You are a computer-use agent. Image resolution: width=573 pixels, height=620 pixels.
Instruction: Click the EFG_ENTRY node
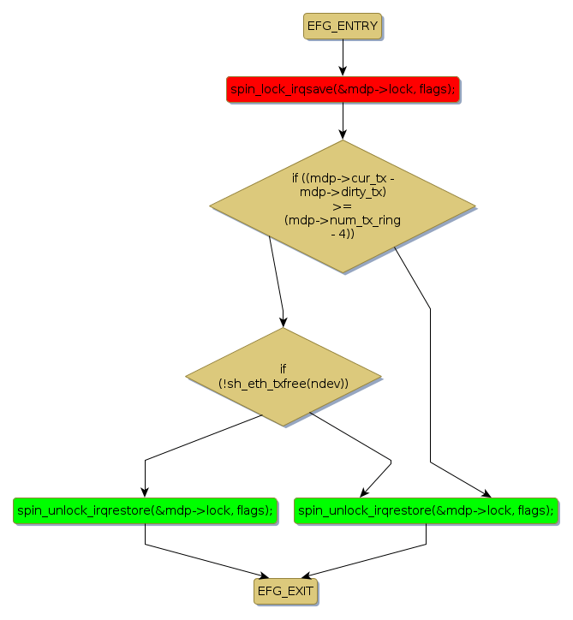click(342, 26)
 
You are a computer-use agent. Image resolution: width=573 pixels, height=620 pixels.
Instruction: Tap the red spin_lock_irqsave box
click(343, 89)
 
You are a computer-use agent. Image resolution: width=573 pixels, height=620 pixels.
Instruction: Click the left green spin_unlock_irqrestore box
click(145, 510)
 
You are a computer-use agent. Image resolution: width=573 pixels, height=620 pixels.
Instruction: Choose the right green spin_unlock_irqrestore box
click(426, 510)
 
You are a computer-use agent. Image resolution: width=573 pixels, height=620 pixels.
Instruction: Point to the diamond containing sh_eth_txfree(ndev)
click(283, 377)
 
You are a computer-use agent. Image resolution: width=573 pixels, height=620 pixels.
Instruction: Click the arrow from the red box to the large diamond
click(343, 120)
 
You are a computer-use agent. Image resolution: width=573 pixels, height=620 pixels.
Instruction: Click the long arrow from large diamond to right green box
click(430, 385)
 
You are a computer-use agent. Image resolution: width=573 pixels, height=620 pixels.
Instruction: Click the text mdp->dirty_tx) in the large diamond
click(343, 192)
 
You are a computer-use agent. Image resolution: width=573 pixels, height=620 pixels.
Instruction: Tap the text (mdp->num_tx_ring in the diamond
click(342, 220)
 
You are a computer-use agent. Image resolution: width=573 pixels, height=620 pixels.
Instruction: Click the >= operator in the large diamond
click(342, 206)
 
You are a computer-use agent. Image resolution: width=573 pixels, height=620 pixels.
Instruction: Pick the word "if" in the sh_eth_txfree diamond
click(283, 369)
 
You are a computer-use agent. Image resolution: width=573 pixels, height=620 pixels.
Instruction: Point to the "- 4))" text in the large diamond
click(342, 234)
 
